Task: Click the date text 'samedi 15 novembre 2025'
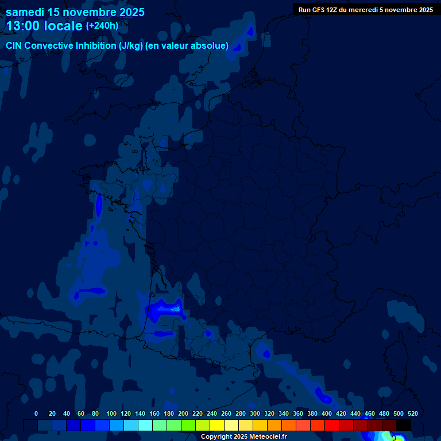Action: pos(75,12)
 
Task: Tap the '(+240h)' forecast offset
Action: pos(102,26)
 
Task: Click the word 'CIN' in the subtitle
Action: pos(14,46)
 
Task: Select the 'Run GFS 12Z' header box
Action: pos(366,10)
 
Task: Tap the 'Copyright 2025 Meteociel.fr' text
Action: pos(243,437)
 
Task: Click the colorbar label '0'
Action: pos(36,413)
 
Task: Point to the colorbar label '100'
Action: pos(111,413)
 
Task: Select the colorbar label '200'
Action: pos(183,413)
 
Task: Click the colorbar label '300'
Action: pos(255,413)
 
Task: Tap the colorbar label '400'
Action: pos(327,413)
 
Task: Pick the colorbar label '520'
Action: pos(412,413)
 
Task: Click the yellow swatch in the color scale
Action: pos(217,425)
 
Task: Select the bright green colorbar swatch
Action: pos(188,425)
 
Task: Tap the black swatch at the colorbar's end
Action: pos(404,425)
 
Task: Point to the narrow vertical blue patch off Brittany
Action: pos(99,205)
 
